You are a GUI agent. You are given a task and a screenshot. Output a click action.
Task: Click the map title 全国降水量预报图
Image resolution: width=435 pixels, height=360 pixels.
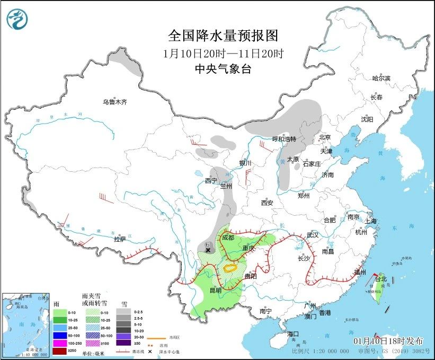[223, 36]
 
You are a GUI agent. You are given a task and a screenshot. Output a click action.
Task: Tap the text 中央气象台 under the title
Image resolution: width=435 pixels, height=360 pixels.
[223, 68]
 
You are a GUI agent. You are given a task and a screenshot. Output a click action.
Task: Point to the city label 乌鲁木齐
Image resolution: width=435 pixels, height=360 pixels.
[115, 102]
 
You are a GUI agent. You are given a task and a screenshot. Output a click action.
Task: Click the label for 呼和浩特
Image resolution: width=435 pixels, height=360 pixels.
[285, 139]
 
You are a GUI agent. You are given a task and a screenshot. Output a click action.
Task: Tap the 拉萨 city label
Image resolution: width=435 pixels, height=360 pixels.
[120, 239]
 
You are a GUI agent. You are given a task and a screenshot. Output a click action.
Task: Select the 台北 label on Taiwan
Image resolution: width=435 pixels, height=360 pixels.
[381, 279]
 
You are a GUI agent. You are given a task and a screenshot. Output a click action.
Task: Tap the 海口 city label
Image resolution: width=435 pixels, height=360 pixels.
[294, 333]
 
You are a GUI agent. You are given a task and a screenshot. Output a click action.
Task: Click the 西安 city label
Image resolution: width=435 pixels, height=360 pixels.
[267, 203]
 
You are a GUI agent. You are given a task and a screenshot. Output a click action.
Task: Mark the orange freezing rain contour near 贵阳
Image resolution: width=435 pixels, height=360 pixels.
[232, 269]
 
